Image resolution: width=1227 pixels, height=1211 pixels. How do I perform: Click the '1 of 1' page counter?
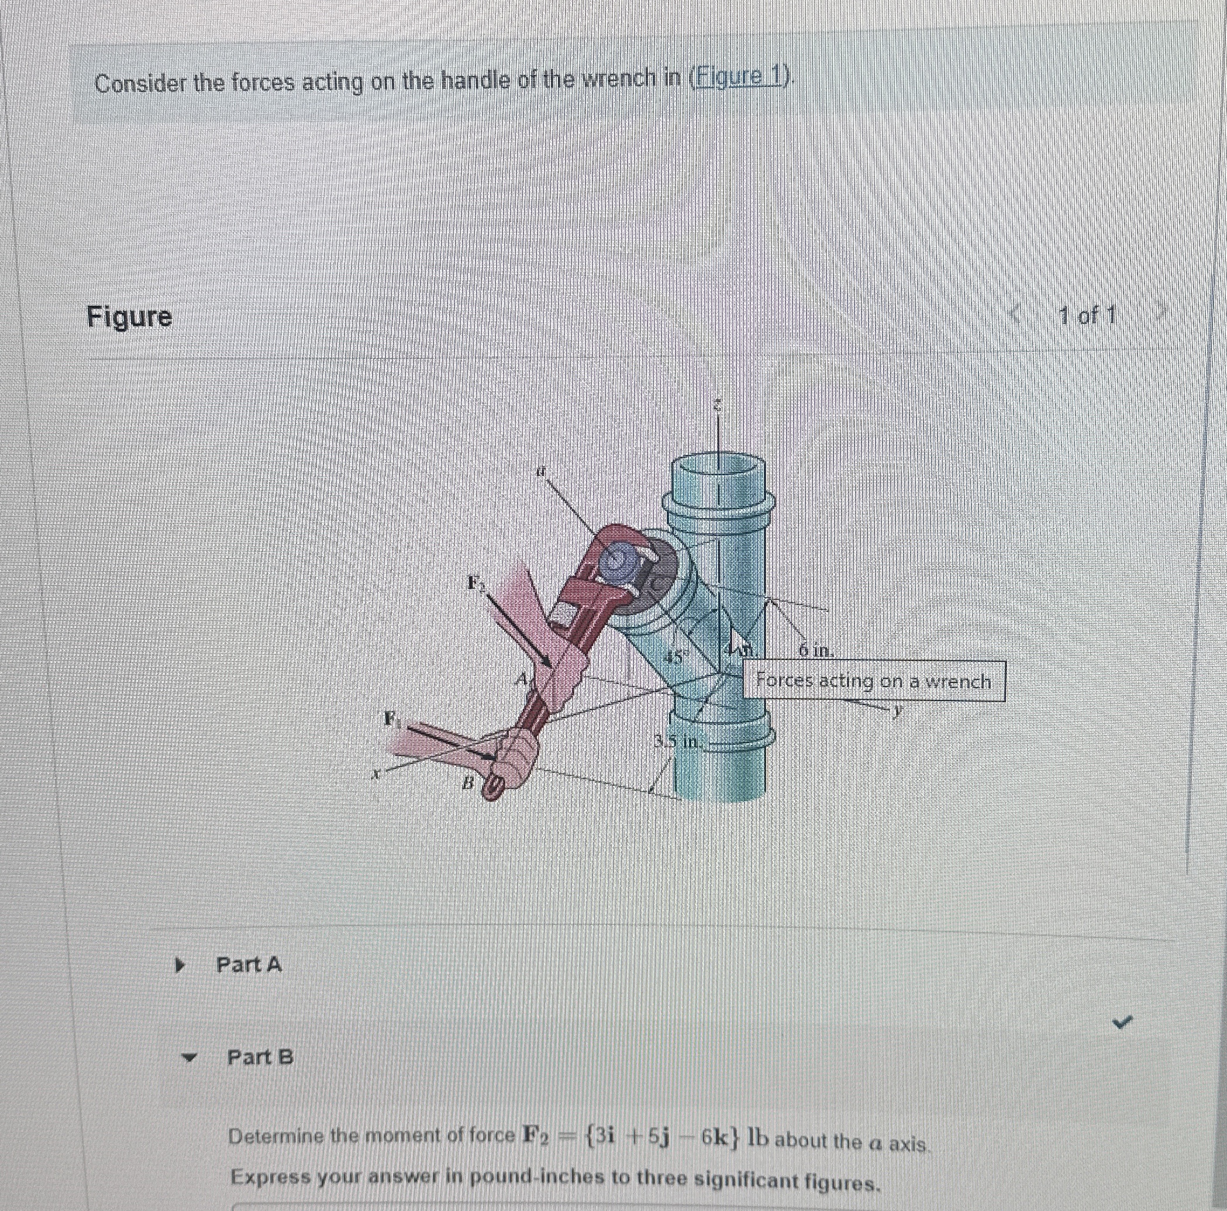[1087, 315]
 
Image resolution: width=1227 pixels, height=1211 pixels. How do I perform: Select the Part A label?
[249, 965]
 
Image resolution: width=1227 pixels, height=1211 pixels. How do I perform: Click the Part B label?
[260, 1057]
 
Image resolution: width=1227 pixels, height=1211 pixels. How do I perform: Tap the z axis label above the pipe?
[717, 405]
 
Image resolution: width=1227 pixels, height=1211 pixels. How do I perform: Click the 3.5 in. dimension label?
[678, 741]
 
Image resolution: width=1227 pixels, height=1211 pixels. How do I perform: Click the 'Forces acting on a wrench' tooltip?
[873, 681]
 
